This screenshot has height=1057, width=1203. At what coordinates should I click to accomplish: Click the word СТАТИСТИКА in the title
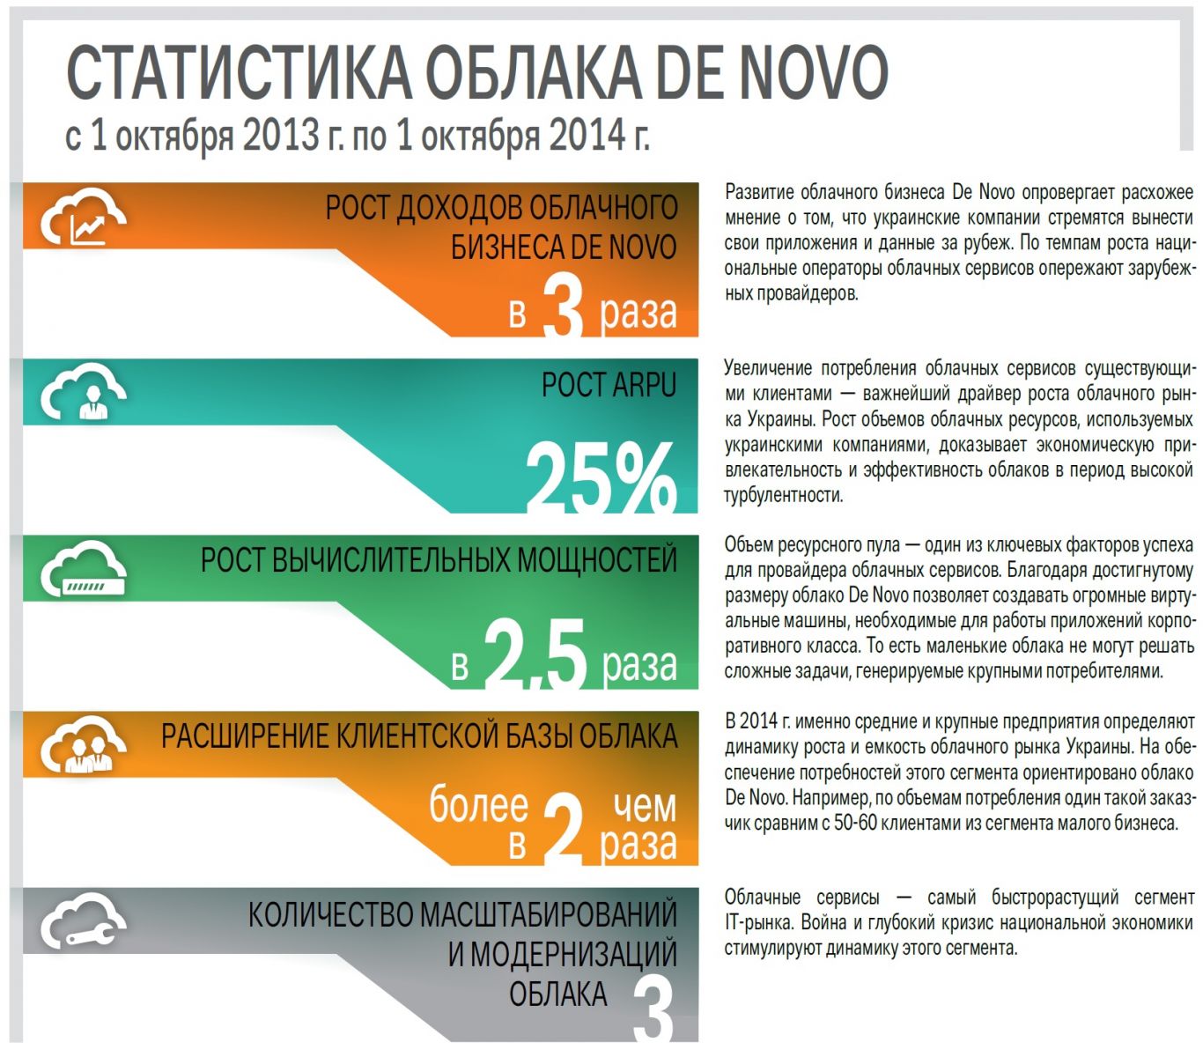pyautogui.click(x=239, y=72)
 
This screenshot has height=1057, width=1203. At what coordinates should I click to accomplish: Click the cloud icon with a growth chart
pyautogui.click(x=84, y=220)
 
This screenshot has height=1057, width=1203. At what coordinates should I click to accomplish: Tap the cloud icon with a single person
pyautogui.click(x=84, y=392)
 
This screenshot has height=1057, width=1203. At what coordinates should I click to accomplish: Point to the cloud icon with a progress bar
pyautogui.click(x=84, y=571)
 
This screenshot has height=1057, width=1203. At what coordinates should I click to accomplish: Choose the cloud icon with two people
pyautogui.click(x=84, y=747)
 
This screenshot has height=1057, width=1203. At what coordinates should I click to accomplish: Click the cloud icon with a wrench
pyautogui.click(x=84, y=923)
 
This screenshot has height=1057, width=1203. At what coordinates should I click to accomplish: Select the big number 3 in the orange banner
pyautogui.click(x=564, y=307)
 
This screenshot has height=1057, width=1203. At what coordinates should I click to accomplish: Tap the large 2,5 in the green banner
pyautogui.click(x=535, y=654)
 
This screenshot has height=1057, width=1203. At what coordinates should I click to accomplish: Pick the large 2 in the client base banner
pyautogui.click(x=564, y=829)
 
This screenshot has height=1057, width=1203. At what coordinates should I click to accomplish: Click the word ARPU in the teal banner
pyautogui.click(x=641, y=386)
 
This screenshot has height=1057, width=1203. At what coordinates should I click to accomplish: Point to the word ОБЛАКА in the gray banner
pyautogui.click(x=558, y=994)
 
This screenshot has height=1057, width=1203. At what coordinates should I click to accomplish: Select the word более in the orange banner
pyautogui.click(x=478, y=805)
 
